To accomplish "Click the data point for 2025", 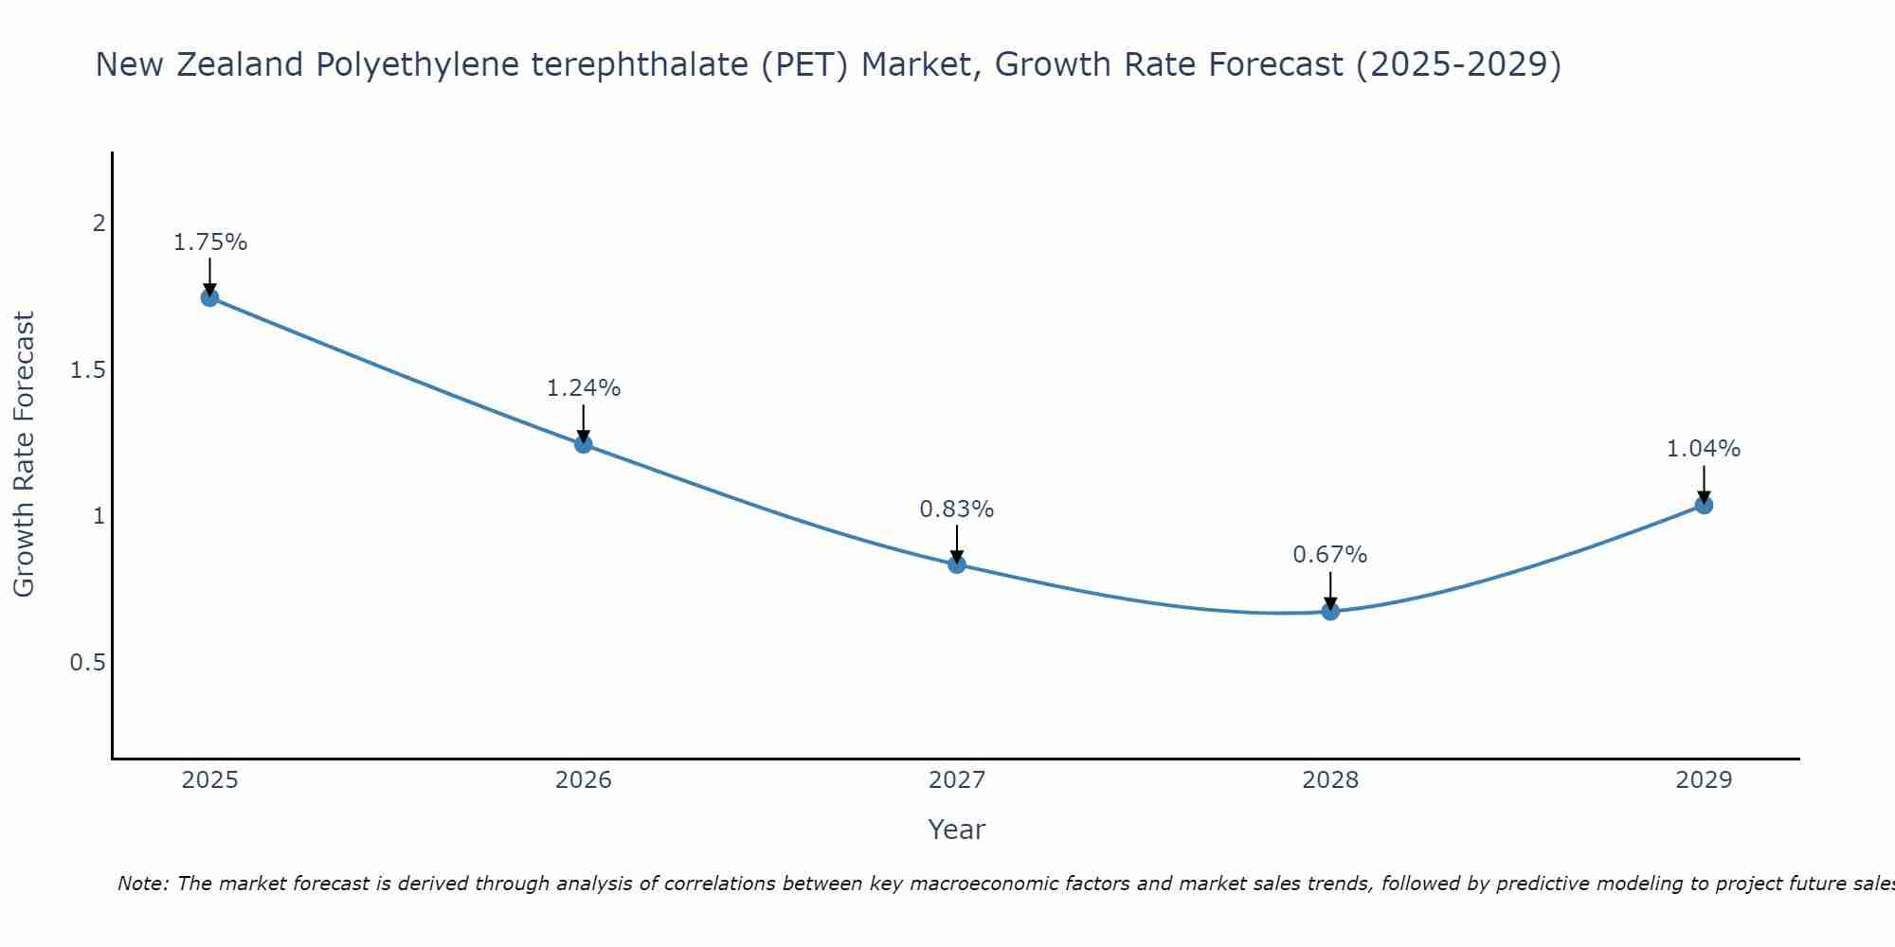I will (x=209, y=297).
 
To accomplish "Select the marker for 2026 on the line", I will (x=583, y=443).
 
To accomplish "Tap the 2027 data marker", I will (x=956, y=564).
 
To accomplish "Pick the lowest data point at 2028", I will (x=1329, y=611).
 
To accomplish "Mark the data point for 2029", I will (x=1703, y=505).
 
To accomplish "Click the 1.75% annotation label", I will (x=209, y=242).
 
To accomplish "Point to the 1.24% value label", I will (x=583, y=388).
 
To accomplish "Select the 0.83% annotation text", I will (x=956, y=509).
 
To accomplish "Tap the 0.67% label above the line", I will (x=1329, y=555).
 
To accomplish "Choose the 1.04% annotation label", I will (x=1703, y=449).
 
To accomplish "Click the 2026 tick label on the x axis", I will (x=583, y=780).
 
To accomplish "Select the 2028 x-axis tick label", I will (x=1329, y=780).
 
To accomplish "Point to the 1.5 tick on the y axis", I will (x=87, y=370).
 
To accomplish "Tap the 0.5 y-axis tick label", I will (x=87, y=663).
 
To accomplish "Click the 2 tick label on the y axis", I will (x=98, y=224).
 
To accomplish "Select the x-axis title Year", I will (x=956, y=830).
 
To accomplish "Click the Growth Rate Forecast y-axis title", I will (x=24, y=455).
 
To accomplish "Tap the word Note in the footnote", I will (x=141, y=884).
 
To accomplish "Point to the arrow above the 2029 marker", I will (x=1703, y=483).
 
